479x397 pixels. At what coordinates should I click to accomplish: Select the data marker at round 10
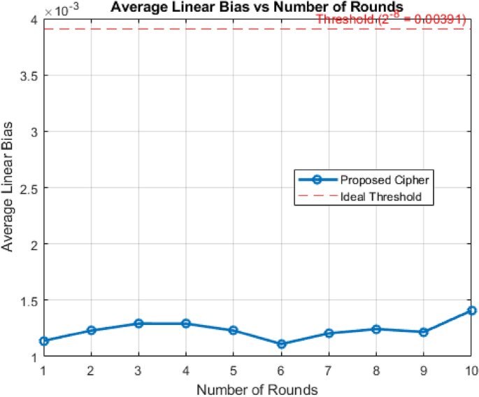(x=472, y=310)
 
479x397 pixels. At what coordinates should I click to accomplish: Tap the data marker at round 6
(x=281, y=344)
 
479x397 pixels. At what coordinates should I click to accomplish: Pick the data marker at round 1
(x=44, y=341)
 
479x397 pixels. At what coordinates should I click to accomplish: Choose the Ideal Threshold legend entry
(x=380, y=196)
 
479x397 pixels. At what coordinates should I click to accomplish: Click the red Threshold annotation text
(x=392, y=20)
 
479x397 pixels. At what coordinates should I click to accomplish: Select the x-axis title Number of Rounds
(x=257, y=389)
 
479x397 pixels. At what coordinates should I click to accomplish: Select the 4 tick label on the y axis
(x=33, y=20)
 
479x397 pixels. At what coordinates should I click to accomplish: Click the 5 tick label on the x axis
(x=234, y=369)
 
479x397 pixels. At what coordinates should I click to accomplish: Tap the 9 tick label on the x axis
(x=424, y=369)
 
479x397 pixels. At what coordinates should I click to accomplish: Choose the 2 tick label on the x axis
(x=92, y=369)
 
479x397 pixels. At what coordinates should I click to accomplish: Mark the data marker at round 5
(x=234, y=330)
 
